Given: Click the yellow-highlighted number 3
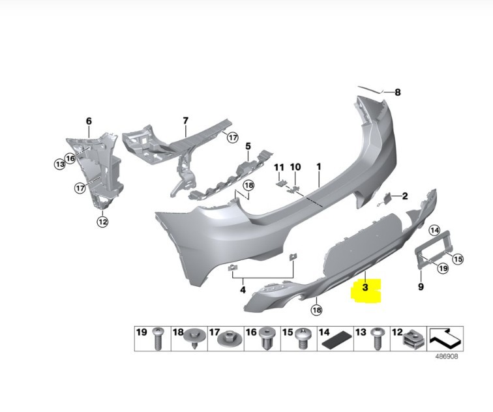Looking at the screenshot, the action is [365, 287].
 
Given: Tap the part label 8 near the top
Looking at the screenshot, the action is [398, 93].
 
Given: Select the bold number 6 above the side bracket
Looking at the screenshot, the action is [89, 121].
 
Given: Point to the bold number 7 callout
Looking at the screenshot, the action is [185, 121].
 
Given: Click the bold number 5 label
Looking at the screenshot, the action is [248, 146].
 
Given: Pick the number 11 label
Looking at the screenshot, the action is [279, 167].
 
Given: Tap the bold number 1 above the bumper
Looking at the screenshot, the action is [319, 166].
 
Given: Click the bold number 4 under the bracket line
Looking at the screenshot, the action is [243, 289].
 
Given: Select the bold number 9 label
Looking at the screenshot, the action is [421, 287].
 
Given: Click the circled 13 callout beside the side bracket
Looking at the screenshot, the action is [60, 164].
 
